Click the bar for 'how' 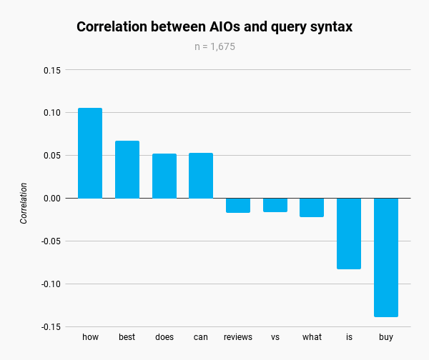90,153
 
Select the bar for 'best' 127,169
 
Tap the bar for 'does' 164,176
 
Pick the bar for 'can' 201,176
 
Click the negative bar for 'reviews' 238,205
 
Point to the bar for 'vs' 275,205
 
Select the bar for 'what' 312,207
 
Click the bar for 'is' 349,234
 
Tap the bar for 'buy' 386,257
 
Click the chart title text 214,27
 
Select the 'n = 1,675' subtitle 214,47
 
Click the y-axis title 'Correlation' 24,204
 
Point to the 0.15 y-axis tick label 51,70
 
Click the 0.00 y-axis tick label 51,198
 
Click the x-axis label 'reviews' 238,337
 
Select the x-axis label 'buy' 386,337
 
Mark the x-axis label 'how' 90,337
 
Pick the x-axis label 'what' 312,337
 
